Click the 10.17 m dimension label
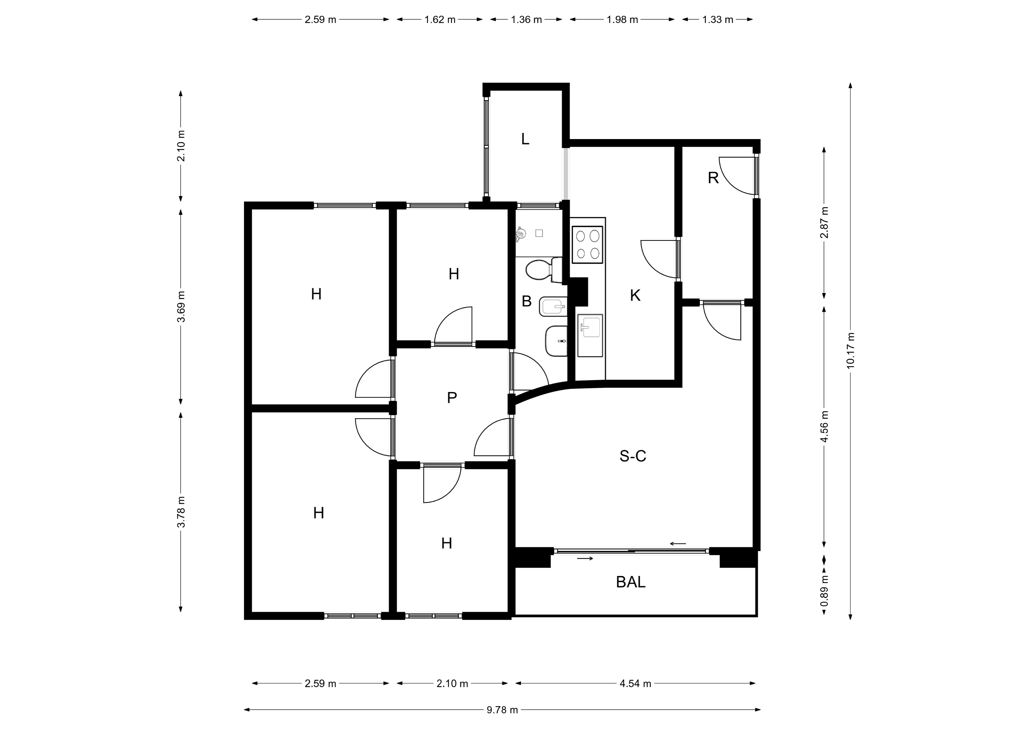coord(850,351)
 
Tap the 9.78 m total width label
coord(502,710)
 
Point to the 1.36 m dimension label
coord(526,20)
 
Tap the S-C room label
coord(633,456)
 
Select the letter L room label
coord(525,139)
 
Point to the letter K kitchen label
coord(635,296)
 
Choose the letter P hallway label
coord(452,397)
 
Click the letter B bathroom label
coord(527,301)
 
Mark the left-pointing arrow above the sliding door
coord(678,544)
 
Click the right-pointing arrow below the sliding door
coord(585,559)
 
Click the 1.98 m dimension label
coord(622,20)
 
